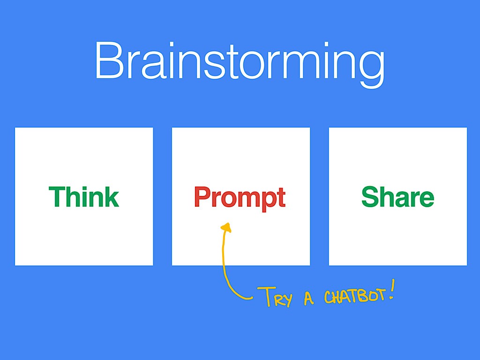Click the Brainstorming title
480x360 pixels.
click(240, 64)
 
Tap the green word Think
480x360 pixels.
click(83, 196)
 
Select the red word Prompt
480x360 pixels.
click(240, 198)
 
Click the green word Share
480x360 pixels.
click(397, 196)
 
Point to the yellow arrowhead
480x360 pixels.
click(226, 227)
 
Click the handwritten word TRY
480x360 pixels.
click(275, 297)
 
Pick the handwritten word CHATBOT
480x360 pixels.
click(354, 296)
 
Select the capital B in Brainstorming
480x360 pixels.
click(109, 60)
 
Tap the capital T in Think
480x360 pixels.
click(57, 197)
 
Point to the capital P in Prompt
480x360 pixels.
click(203, 196)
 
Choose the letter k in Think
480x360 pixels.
click(111, 197)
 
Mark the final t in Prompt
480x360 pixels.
click(281, 198)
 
